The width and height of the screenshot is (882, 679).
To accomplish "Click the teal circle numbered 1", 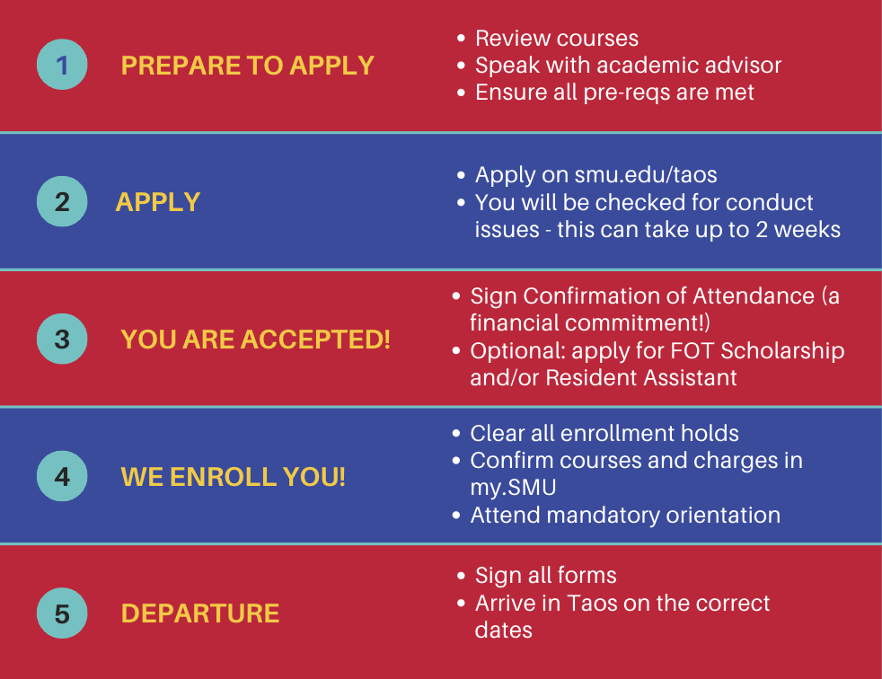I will (x=62, y=65).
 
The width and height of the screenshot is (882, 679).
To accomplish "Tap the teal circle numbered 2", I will (x=62, y=201).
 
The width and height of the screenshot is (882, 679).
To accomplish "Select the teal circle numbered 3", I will (x=62, y=339).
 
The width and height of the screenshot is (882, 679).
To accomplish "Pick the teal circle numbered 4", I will (x=62, y=476).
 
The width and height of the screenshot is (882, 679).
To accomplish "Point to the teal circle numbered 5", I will (x=62, y=613).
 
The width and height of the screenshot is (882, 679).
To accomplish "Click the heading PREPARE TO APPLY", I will (x=247, y=66).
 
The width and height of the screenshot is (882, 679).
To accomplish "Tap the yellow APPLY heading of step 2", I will (x=157, y=202).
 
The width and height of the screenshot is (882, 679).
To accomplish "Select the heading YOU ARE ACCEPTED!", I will (x=255, y=339).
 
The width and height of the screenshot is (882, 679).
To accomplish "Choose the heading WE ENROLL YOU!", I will (x=233, y=477).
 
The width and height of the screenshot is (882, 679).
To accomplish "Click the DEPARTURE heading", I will (x=199, y=614).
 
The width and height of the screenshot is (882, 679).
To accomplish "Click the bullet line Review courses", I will (x=556, y=39).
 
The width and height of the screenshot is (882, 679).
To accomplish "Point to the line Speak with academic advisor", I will (x=628, y=66).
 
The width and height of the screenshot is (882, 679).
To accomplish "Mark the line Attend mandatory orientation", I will (x=625, y=516).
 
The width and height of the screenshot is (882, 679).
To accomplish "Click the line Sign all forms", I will (x=545, y=576).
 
